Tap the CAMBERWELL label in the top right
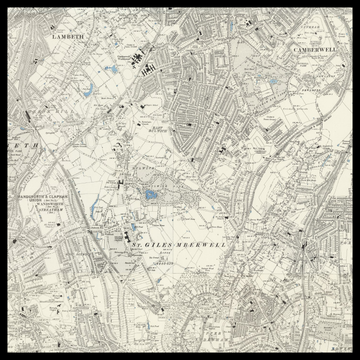click(x=317, y=47)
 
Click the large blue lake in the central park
click(x=150, y=195)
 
